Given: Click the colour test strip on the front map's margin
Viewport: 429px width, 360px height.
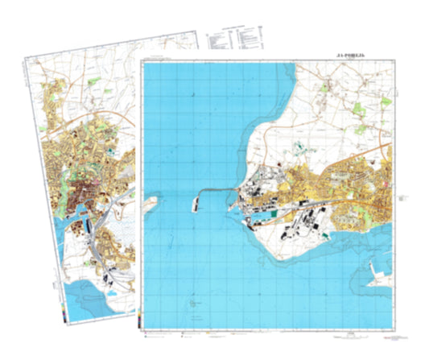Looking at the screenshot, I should (x=140, y=321).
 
